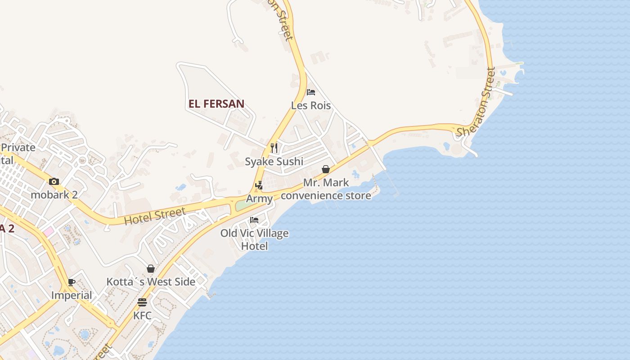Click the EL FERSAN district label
(x=216, y=104)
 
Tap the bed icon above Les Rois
(x=310, y=93)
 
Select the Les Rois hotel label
(x=311, y=106)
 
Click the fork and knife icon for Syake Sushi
(x=274, y=148)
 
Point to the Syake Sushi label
(x=274, y=162)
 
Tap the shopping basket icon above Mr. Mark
(x=326, y=169)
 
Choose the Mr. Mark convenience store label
(x=326, y=189)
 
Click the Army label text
(x=259, y=199)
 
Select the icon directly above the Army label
(x=259, y=185)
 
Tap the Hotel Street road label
(x=155, y=217)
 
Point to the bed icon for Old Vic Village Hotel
(x=254, y=220)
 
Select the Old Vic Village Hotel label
(x=254, y=240)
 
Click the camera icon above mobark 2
(x=54, y=182)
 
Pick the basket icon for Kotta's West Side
(x=151, y=269)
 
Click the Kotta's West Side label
(x=151, y=282)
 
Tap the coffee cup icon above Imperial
(x=72, y=283)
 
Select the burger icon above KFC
(x=142, y=302)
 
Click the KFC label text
(x=142, y=315)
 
